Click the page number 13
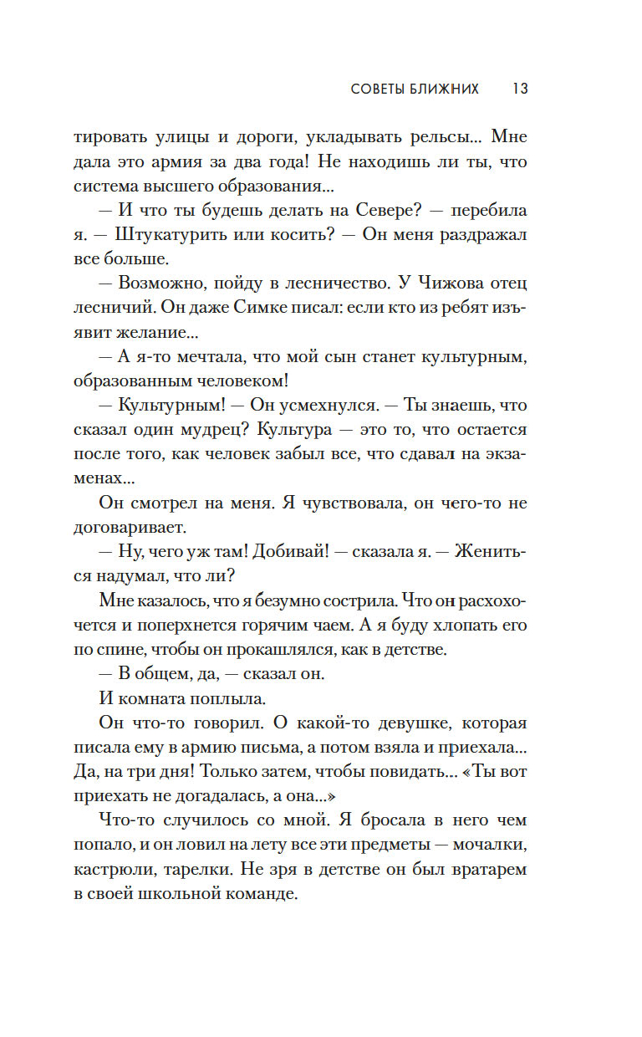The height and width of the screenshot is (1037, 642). click(519, 89)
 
